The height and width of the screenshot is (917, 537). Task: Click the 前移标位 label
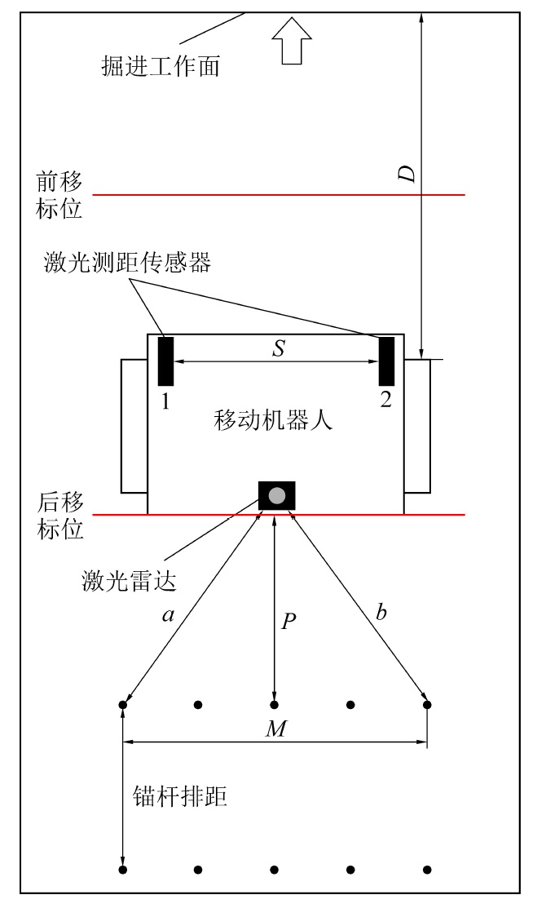(59, 194)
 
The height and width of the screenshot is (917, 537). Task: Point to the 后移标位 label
(59, 515)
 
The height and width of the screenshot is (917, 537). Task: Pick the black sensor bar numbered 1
(165, 360)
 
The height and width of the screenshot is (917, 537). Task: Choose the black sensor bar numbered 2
(387, 360)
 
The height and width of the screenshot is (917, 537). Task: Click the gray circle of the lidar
(277, 495)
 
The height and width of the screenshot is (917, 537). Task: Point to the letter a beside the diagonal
(168, 617)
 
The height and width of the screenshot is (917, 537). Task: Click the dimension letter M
(277, 728)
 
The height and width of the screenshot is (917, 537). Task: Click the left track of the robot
(134, 425)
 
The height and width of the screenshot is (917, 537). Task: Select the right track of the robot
(417, 425)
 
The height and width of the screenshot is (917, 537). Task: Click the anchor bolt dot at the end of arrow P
(275, 704)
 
